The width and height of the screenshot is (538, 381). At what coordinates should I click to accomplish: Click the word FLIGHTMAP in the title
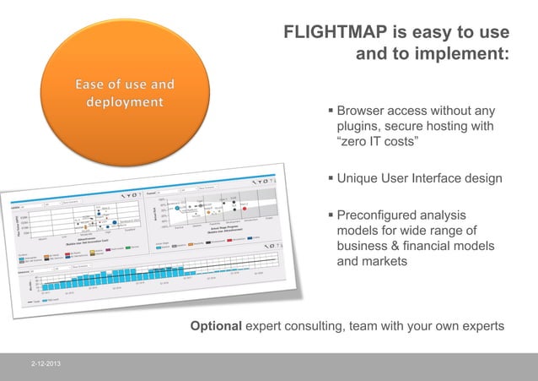tap(335, 32)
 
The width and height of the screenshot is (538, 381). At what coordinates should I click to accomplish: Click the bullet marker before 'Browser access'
tap(330, 112)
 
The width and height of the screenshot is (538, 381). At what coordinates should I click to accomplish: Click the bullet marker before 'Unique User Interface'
tap(330, 179)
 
